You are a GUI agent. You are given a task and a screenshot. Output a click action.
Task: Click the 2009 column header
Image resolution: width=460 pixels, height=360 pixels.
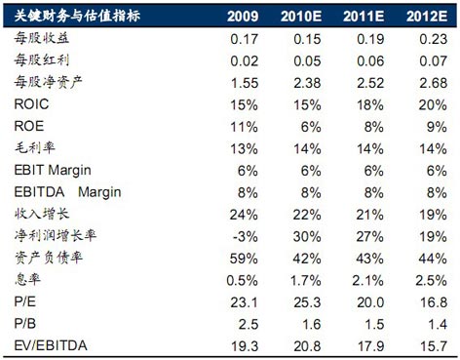click(x=243, y=17)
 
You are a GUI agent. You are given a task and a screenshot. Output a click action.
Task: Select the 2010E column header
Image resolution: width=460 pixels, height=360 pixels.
click(x=301, y=17)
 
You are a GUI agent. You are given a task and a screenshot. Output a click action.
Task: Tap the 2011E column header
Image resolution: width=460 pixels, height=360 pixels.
click(x=364, y=17)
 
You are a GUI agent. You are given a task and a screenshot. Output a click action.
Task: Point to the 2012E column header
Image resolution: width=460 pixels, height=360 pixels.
click(x=427, y=17)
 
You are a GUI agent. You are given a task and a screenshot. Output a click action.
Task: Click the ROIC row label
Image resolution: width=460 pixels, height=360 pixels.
click(x=31, y=104)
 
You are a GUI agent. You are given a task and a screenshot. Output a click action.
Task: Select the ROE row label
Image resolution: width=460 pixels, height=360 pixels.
click(x=29, y=126)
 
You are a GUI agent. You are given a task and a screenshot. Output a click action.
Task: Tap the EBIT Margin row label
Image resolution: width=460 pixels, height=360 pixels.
click(x=53, y=171)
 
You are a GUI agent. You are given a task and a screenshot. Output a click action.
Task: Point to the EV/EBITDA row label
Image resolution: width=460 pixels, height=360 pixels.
click(x=51, y=345)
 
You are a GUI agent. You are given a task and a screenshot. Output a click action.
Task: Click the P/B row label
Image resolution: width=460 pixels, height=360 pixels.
click(x=25, y=324)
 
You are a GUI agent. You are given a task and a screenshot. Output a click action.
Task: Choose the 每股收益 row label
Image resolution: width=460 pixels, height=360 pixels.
click(x=42, y=38)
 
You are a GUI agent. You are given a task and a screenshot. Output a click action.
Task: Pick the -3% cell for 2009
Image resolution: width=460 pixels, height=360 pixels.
click(x=246, y=236)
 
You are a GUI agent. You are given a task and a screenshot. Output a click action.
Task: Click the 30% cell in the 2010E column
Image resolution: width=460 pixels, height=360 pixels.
click(x=307, y=236)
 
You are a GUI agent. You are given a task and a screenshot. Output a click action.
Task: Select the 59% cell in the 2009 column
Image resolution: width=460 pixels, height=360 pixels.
click(x=244, y=259)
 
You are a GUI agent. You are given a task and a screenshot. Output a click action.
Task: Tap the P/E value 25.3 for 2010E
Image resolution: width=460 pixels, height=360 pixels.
click(x=307, y=302)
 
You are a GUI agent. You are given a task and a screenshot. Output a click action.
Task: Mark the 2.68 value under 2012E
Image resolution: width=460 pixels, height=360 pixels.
click(x=434, y=83)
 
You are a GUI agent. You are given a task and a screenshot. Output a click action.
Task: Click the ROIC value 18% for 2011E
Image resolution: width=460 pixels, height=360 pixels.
click(x=370, y=104)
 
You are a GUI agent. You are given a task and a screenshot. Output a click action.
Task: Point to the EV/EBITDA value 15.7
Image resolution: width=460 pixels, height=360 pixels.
click(x=434, y=346)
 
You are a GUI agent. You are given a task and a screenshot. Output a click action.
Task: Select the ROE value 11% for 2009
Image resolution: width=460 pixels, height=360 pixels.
click(x=245, y=127)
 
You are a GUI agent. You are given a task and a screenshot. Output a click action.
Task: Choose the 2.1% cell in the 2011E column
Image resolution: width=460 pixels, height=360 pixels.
click(x=367, y=280)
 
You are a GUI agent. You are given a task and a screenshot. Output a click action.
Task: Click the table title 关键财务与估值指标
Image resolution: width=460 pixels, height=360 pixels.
click(x=77, y=16)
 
